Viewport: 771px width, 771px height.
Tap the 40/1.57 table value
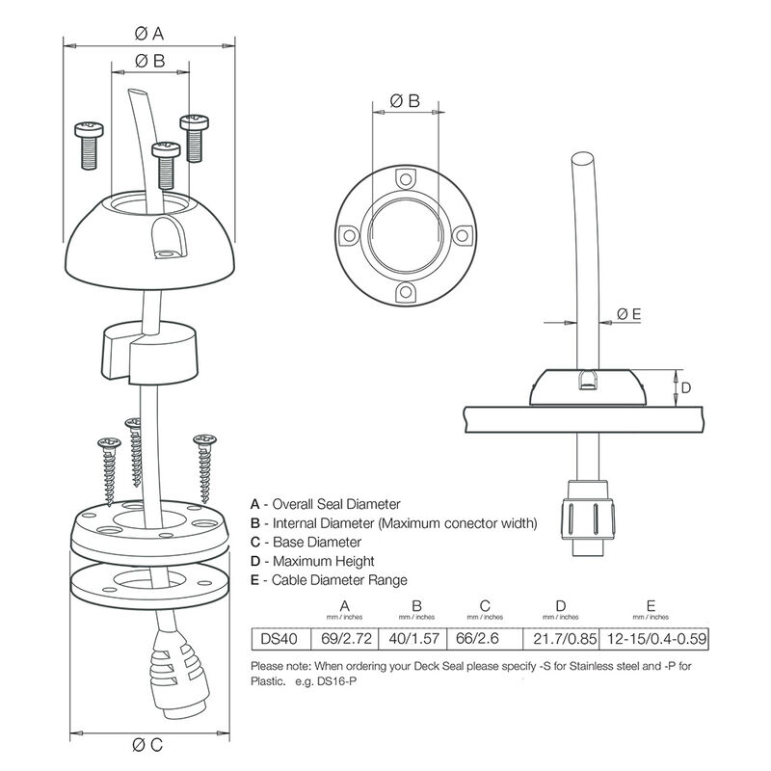click(416, 638)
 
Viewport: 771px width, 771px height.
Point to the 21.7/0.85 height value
click(560, 638)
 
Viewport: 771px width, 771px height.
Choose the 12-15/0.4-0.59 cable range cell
click(651, 638)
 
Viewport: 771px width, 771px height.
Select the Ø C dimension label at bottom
click(150, 743)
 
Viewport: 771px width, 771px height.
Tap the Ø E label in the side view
click(628, 313)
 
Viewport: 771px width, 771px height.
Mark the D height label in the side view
click(685, 387)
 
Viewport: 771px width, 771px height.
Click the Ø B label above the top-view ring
click(405, 100)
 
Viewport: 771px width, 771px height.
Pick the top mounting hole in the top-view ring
click(406, 178)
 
